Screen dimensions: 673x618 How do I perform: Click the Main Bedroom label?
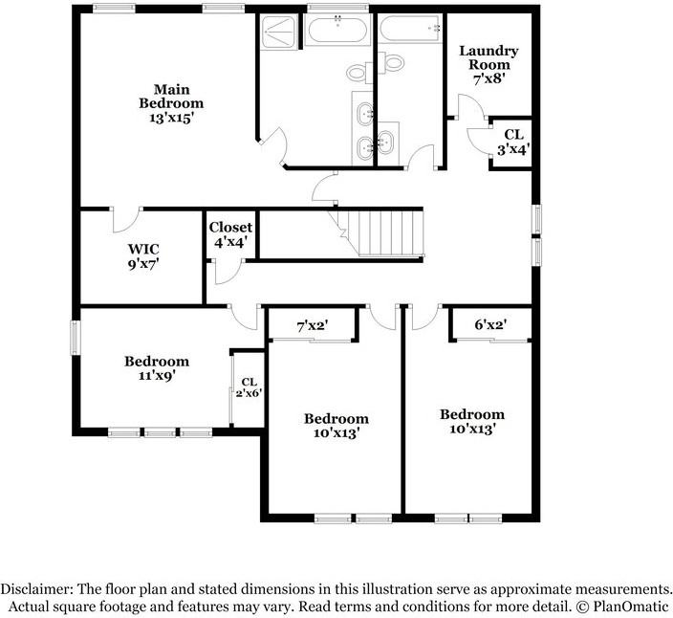(x=171, y=103)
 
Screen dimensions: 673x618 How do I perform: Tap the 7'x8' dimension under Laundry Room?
(x=488, y=79)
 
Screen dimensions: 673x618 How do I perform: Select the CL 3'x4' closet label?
(x=513, y=143)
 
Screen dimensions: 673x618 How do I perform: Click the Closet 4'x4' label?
(x=230, y=234)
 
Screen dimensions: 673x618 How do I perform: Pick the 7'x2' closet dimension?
(x=313, y=326)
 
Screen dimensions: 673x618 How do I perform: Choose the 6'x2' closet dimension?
(x=490, y=324)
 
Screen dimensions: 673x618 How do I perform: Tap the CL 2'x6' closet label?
(x=249, y=386)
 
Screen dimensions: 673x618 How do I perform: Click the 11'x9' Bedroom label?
(x=157, y=368)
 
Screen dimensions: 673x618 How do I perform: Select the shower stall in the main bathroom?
(x=278, y=32)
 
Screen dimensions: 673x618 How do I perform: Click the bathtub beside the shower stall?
(x=337, y=30)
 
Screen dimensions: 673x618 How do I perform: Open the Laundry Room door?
(x=471, y=106)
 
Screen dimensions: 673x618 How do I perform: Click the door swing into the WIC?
(x=126, y=220)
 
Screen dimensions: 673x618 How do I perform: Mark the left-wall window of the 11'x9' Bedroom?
(x=76, y=338)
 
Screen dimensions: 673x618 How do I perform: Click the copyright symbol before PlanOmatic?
(x=582, y=607)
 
